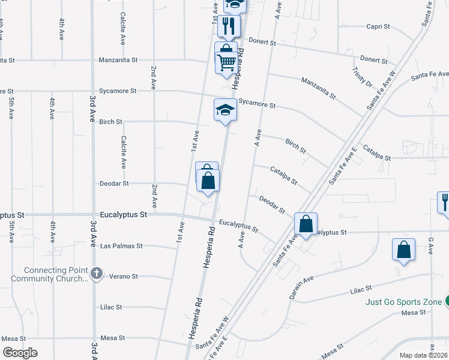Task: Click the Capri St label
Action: pos(378,26)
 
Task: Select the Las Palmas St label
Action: pos(121,246)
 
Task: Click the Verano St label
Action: pos(124,277)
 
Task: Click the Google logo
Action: pos(20,353)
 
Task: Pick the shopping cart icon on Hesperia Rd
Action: pos(226,62)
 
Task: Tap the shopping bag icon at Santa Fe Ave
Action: pos(306,224)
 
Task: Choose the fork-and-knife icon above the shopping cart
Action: pos(228,25)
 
